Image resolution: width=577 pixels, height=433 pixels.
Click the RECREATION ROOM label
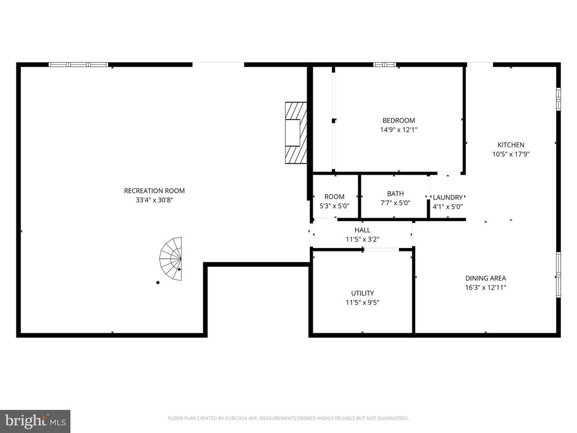154,191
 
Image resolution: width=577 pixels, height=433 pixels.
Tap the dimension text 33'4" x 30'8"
154,200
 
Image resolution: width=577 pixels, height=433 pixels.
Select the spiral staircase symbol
171,259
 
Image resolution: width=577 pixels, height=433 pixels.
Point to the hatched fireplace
296,133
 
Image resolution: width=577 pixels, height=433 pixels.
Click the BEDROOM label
398,121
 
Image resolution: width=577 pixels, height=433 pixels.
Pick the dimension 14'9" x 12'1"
398,130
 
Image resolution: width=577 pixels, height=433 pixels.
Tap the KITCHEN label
511,145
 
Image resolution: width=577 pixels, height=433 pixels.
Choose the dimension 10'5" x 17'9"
511,154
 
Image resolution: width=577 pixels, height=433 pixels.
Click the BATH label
395,193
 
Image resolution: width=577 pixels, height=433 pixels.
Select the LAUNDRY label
447,197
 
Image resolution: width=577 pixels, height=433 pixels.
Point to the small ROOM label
334,197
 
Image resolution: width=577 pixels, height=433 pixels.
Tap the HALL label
362,230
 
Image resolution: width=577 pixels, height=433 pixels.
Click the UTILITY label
362,293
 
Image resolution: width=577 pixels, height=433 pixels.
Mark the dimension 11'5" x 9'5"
362,303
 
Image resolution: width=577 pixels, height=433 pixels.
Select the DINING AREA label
485,278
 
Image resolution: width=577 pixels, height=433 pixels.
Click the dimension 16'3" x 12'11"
485,288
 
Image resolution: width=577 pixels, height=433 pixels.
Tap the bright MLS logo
35,421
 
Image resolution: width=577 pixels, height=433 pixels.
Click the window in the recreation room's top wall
78,64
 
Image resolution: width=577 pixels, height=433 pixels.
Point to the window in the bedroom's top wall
384,64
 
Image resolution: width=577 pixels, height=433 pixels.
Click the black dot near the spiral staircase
158,282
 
